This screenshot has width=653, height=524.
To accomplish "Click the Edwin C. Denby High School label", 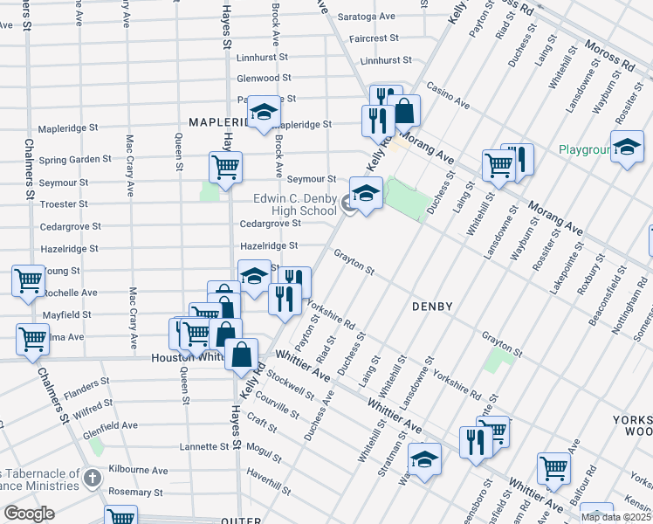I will point(294,204).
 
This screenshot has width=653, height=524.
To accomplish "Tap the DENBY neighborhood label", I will point(432,307).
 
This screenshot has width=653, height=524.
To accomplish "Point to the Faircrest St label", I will point(373,39).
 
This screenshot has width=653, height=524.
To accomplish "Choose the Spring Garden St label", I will point(74,160).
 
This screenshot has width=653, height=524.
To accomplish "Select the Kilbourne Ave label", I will point(137,470).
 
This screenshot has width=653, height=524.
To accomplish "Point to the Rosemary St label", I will point(135,492).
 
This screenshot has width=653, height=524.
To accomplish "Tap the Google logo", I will point(29,514).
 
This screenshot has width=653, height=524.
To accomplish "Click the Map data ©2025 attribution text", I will point(615,517).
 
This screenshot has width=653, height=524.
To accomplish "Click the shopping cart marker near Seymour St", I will point(225,166).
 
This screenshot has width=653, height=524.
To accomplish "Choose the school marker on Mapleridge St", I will point(264,111).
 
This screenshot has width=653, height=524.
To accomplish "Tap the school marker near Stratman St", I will point(424,459).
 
